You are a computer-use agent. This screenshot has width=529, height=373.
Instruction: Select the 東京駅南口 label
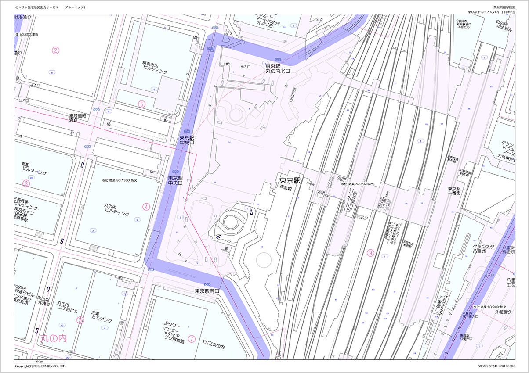(x=207, y=291)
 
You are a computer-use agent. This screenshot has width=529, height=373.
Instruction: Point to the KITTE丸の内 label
(x=214, y=346)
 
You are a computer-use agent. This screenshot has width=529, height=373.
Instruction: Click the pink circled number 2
(x=55, y=50)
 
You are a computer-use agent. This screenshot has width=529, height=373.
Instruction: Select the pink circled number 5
(x=141, y=104)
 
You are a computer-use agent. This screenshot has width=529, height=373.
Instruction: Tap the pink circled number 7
(x=192, y=338)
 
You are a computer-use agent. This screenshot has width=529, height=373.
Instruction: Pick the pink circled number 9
(x=371, y=253)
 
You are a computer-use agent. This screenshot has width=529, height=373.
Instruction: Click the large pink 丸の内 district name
(x=53, y=338)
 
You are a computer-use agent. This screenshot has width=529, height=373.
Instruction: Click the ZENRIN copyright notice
(x=40, y=366)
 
